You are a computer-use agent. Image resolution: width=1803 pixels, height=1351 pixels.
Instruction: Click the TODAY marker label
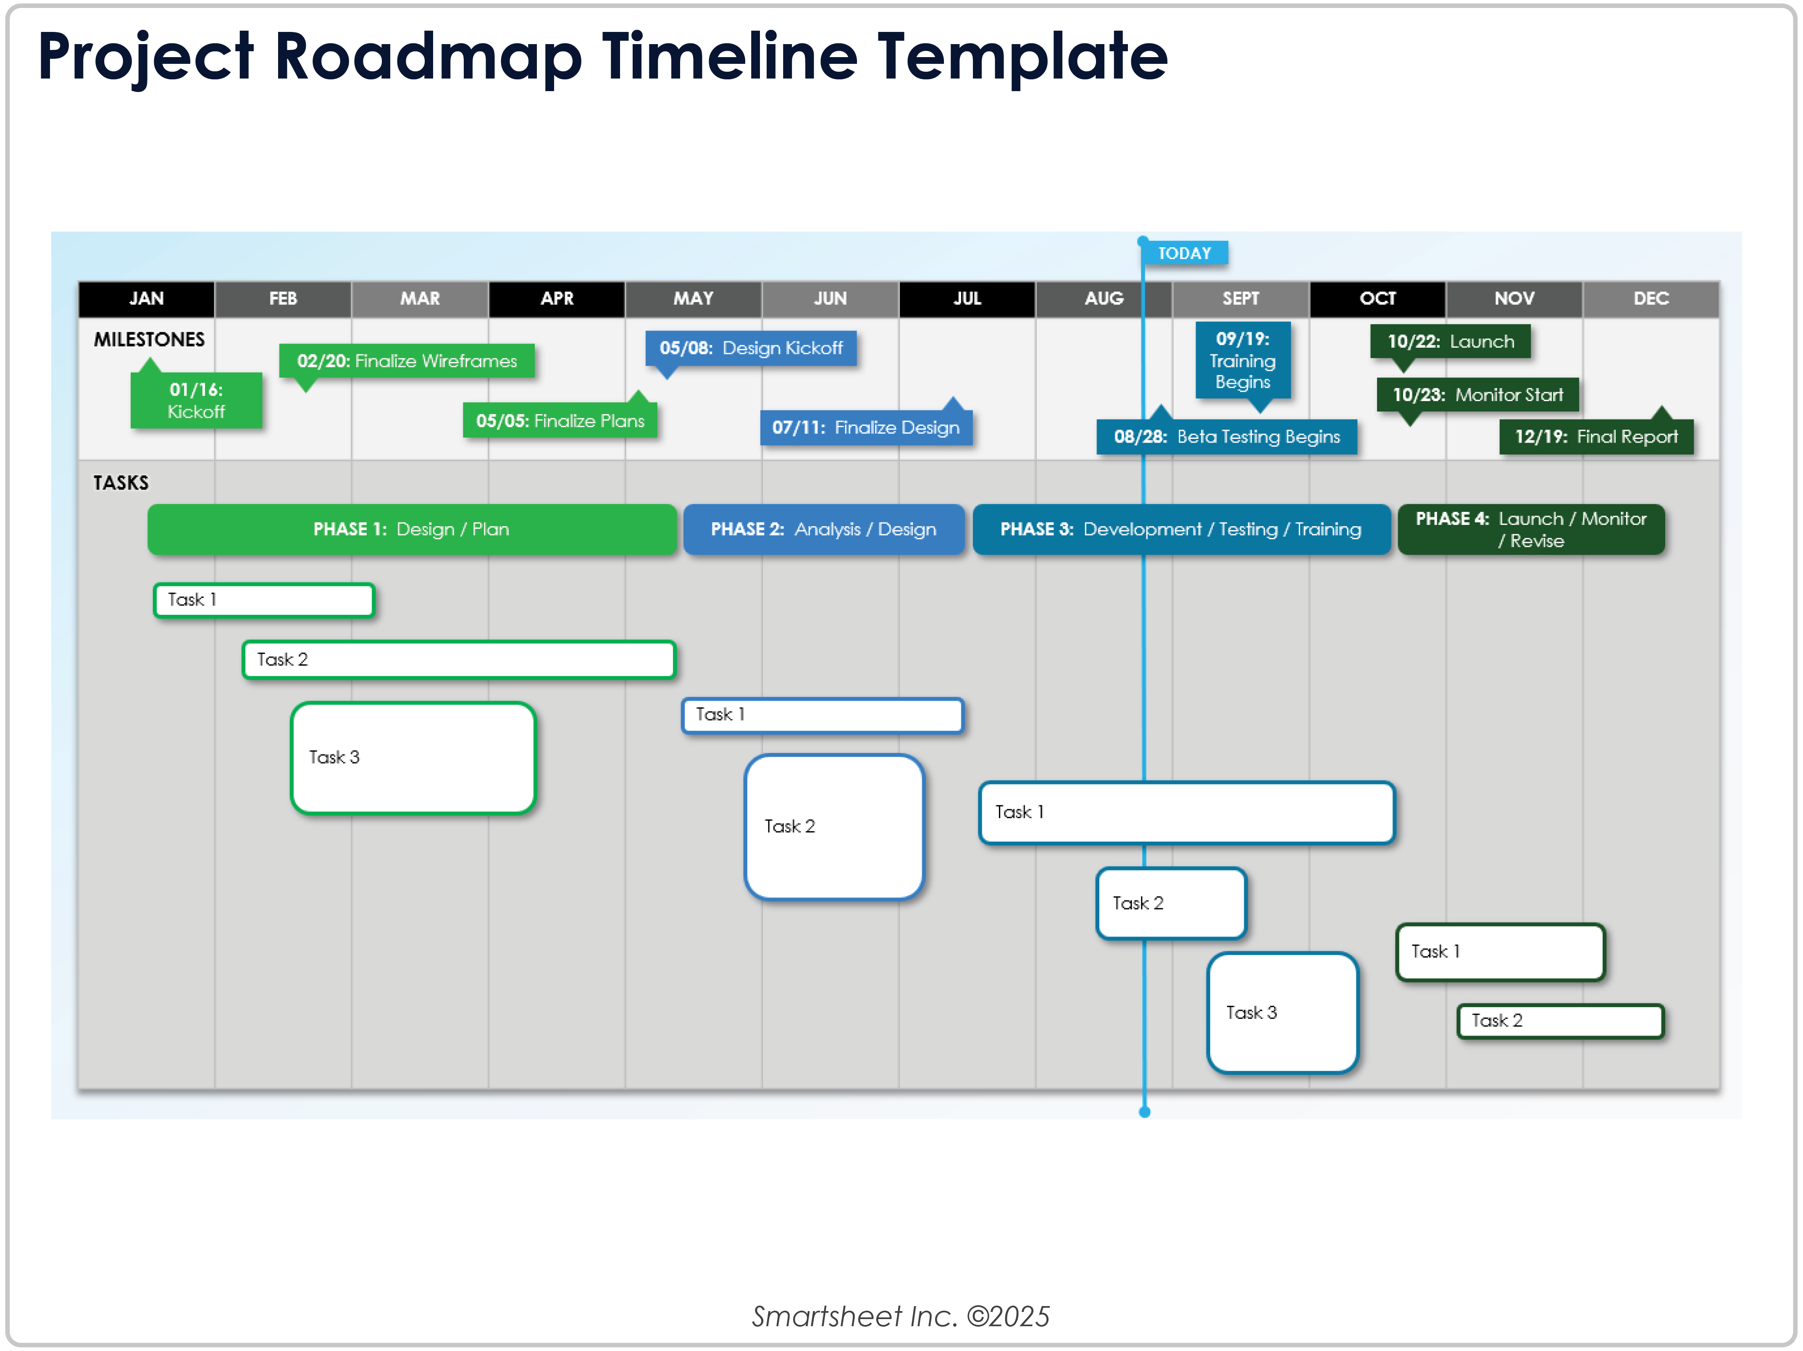1184,253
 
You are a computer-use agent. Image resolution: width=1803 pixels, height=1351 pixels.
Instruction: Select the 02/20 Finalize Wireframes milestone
407,361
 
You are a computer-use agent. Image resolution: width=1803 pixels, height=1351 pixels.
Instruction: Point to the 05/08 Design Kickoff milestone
751,349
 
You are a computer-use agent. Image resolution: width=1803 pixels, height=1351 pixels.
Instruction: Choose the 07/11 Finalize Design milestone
866,428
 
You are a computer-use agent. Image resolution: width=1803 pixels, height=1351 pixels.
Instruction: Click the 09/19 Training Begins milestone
1242,360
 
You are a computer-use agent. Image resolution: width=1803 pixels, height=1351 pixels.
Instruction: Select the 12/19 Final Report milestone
1596,437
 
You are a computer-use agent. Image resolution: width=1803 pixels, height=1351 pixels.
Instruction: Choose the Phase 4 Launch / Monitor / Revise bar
1531,530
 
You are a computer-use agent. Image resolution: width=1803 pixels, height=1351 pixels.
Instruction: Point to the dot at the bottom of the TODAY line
1144,1112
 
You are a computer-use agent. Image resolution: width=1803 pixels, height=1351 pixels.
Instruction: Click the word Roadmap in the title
428,57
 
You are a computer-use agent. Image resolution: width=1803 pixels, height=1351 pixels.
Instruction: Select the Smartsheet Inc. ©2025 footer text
901,1316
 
